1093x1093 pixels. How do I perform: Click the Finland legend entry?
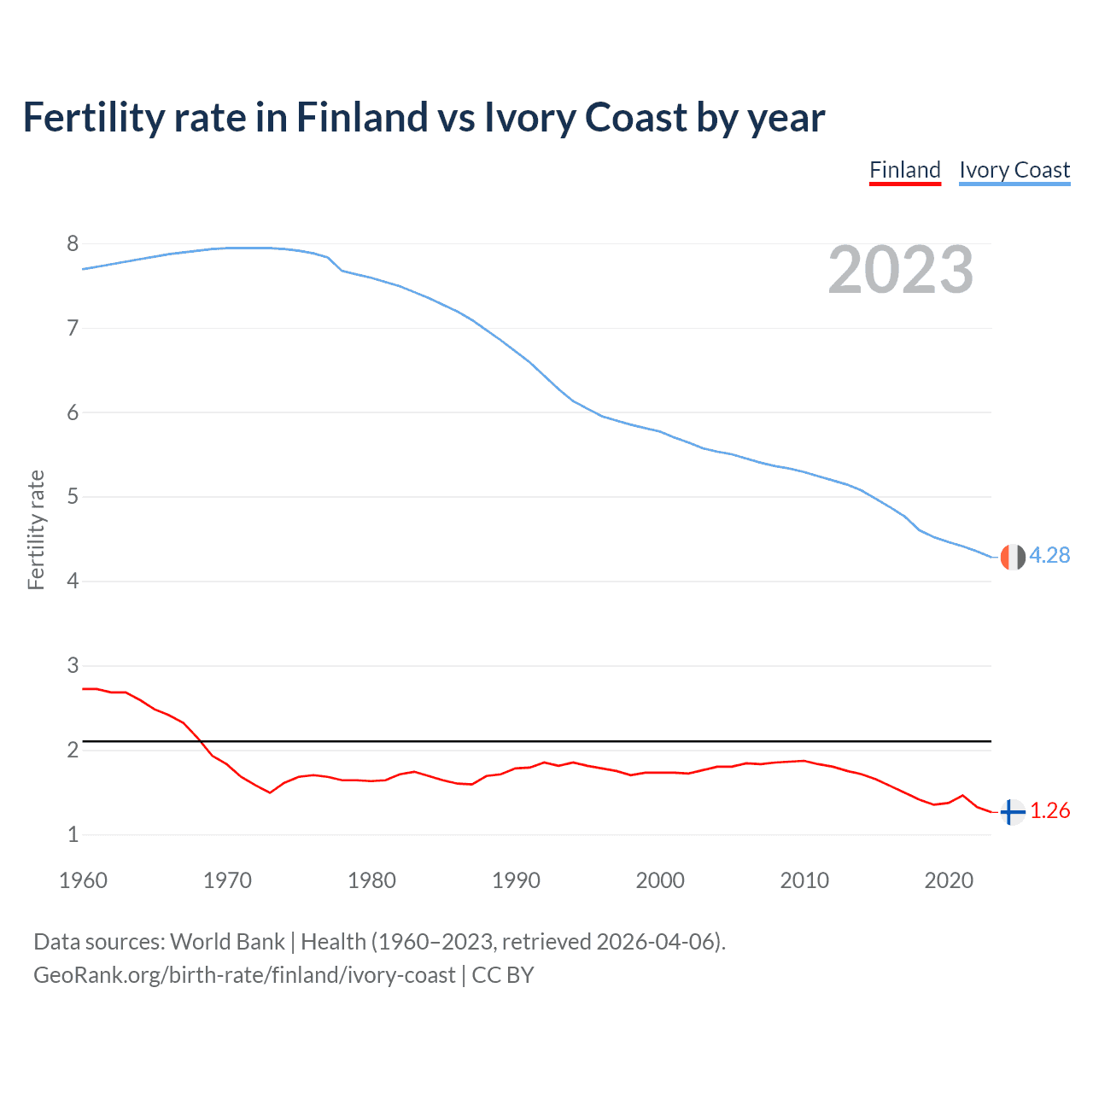[x=904, y=170]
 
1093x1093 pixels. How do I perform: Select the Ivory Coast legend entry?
[x=1014, y=170]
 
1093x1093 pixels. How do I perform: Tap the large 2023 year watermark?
[x=900, y=270]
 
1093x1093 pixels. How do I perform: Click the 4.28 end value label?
[x=1049, y=555]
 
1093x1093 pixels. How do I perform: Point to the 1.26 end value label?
[x=1049, y=810]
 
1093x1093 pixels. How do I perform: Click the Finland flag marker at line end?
[x=1012, y=812]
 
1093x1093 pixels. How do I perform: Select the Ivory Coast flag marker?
[x=1012, y=557]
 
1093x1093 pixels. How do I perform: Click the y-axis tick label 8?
[x=73, y=244]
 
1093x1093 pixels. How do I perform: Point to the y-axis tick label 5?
[x=73, y=497]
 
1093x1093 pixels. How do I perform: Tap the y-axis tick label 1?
[x=73, y=834]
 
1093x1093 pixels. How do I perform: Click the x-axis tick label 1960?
[x=83, y=880]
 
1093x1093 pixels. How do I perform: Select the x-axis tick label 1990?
[x=516, y=880]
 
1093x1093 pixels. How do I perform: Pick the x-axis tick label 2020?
[x=949, y=880]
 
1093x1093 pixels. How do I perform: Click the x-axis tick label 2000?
[x=660, y=880]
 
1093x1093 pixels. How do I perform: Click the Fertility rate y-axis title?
[x=36, y=529]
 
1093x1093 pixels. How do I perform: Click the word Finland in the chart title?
[x=362, y=117]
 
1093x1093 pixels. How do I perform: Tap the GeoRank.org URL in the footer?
[x=244, y=975]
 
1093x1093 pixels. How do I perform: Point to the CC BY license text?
[x=503, y=975]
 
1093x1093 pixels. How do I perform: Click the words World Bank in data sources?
[x=227, y=942]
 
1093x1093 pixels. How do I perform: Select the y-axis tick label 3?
[x=73, y=665]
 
